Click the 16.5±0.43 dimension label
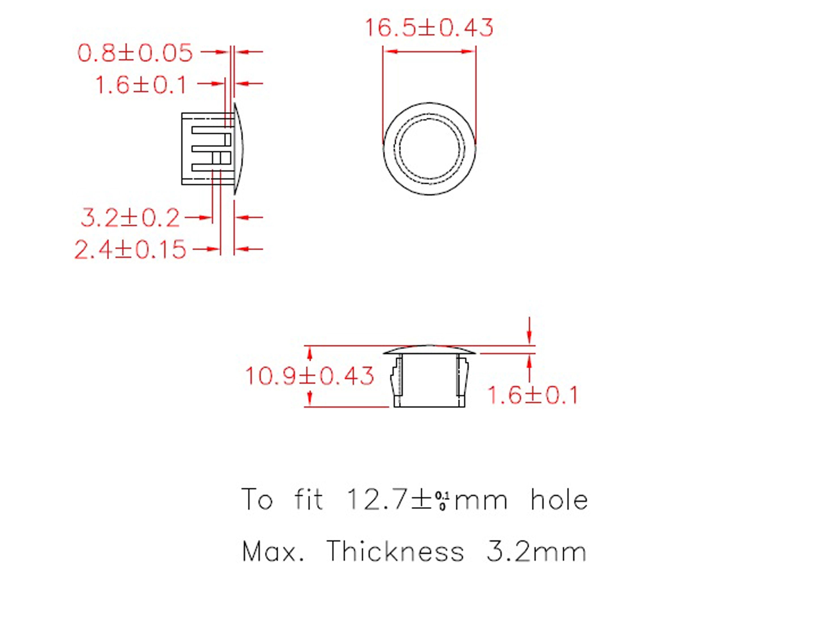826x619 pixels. [x=429, y=28]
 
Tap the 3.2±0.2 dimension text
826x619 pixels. [x=130, y=218]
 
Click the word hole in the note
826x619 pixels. [x=559, y=500]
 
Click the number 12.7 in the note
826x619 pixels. [x=377, y=500]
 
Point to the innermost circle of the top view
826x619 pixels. [x=430, y=149]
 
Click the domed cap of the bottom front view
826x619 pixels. [x=430, y=349]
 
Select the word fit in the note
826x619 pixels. [x=308, y=500]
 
